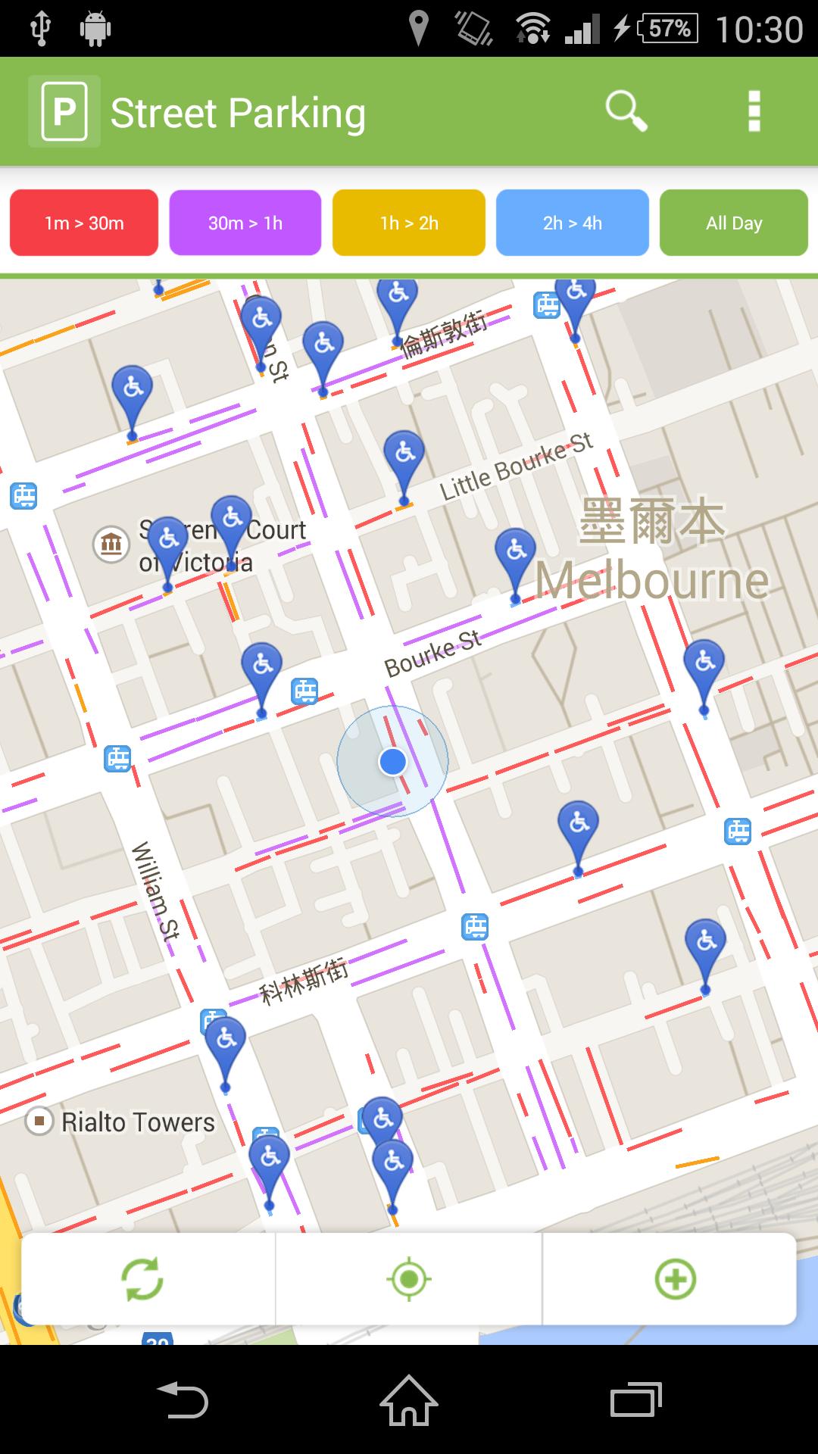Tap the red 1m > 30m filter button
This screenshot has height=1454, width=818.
tap(84, 223)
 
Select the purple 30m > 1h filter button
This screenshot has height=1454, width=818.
tap(245, 223)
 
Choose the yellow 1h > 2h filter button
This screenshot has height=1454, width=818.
tap(409, 223)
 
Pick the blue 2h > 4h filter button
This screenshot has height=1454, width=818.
tap(573, 223)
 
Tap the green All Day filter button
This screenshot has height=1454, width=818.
tap(734, 223)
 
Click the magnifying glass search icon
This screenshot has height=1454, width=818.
tap(626, 112)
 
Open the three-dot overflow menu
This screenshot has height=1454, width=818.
tap(754, 112)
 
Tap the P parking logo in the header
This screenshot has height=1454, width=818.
tap(64, 112)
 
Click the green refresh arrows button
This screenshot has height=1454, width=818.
tap(142, 1279)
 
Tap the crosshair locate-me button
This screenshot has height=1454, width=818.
tap(409, 1279)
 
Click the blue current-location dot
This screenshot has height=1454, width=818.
tap(392, 761)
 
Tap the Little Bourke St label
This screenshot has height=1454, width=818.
tap(517, 466)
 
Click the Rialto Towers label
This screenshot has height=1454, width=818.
tap(138, 1122)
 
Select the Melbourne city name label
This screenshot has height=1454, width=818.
tap(652, 581)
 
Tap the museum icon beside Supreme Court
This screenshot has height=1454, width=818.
tap(111, 544)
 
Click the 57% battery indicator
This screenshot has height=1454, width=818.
tap(669, 29)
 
